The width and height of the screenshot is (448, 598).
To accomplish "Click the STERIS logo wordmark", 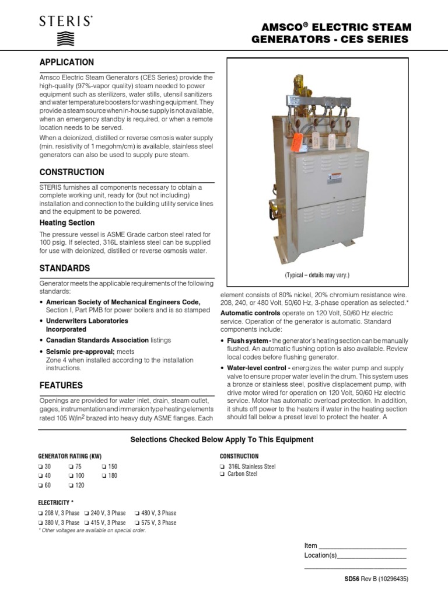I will click(65, 22).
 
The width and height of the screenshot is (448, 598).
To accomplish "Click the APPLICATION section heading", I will click(66, 62).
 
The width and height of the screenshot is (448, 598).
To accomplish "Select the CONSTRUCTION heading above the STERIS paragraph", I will click(71, 172).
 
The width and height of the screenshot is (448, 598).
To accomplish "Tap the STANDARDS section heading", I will click(64, 268).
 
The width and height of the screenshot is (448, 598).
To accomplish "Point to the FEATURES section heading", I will click(61, 385).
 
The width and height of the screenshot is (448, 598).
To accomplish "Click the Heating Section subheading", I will click(66, 222).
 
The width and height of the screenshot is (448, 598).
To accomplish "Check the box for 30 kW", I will click(40, 467).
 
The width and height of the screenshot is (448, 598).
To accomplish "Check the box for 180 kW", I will click(104, 476).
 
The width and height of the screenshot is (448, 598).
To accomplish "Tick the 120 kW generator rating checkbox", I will click(71, 485).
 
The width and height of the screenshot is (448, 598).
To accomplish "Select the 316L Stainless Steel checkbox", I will click(222, 467).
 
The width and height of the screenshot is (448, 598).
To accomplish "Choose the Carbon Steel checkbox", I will click(222, 475).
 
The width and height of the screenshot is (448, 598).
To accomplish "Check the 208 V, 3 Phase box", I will click(40, 513).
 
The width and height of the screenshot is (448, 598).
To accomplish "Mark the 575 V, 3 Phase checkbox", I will click(137, 523).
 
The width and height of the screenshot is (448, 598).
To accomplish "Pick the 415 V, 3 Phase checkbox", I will click(86, 523).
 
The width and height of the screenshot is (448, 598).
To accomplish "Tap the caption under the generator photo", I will click(317, 275).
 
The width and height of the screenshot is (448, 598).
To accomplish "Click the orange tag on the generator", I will click(297, 141).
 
